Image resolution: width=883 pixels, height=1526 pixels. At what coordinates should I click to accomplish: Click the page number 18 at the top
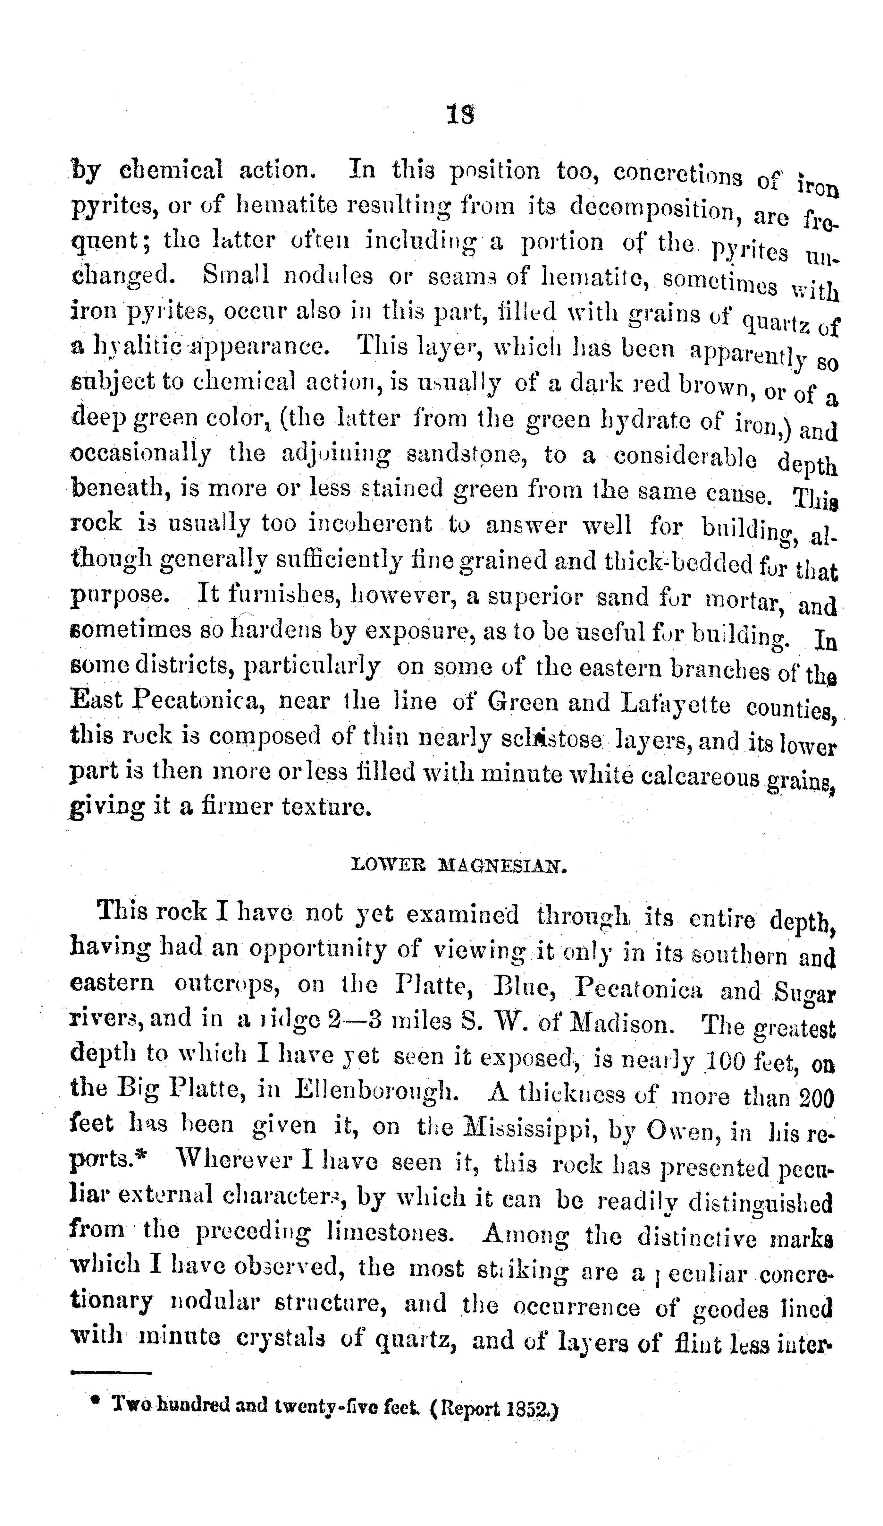[x=460, y=115]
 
